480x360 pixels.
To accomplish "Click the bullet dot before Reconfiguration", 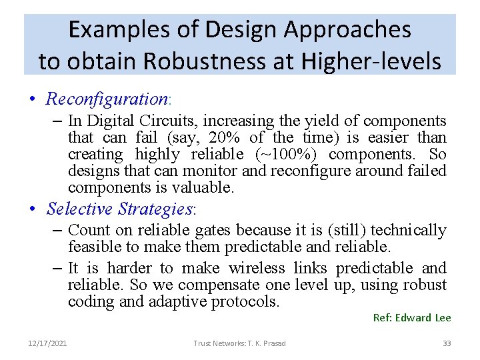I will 32,100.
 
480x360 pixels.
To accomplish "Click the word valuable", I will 205,188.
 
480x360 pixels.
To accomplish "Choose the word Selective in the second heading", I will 80,209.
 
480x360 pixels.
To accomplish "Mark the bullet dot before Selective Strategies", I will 32,209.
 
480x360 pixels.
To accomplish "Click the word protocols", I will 245,302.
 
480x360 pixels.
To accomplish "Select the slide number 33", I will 447,343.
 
